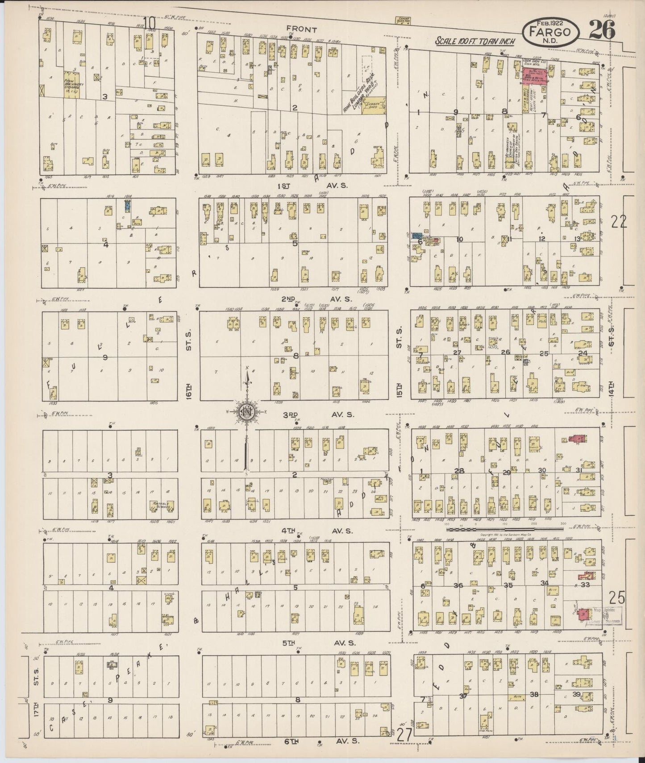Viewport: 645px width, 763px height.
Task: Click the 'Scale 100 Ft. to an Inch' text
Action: click(x=476, y=41)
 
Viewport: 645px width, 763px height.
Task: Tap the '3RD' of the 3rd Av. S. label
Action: click(x=291, y=415)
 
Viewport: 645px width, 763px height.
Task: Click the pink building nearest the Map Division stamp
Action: click(x=582, y=614)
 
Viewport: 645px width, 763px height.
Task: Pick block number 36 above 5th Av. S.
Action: click(x=458, y=585)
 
